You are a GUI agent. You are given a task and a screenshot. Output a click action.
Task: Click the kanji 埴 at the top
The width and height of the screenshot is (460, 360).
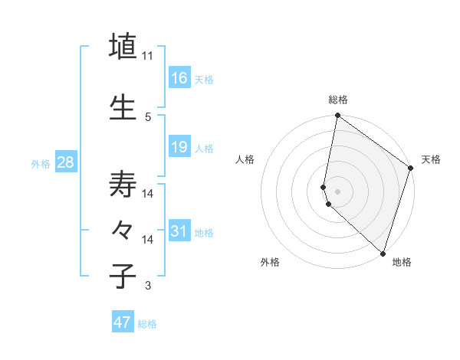(123, 45)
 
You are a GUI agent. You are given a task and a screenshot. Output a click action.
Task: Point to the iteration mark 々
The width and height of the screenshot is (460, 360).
(123, 230)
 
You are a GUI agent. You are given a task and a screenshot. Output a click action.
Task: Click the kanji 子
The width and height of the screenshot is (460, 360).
(123, 276)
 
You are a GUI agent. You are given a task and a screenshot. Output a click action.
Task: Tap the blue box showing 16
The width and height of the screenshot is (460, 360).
(179, 77)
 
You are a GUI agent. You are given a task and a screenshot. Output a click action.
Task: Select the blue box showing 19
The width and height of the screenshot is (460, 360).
(179, 146)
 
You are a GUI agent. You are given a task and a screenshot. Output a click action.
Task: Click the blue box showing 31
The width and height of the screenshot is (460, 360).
(179, 231)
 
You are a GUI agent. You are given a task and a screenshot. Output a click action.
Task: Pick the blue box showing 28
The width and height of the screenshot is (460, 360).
(65, 162)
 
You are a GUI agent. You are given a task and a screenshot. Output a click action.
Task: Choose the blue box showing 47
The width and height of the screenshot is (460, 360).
(123, 322)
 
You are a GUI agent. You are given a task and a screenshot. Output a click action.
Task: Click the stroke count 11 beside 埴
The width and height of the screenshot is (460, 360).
(148, 55)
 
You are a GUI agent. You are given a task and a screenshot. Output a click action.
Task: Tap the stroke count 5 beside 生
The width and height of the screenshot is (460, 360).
(148, 116)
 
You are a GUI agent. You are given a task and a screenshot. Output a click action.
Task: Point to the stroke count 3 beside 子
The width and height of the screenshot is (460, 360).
(148, 286)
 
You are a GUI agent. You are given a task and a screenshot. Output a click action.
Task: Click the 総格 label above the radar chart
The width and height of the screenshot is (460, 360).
(338, 100)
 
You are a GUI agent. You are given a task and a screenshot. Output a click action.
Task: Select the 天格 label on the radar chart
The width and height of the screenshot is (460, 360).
(431, 159)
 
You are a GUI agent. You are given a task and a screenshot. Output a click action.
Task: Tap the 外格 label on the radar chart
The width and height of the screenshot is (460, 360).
(270, 262)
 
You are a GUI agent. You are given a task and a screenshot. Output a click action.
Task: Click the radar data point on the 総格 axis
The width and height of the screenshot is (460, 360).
(337, 116)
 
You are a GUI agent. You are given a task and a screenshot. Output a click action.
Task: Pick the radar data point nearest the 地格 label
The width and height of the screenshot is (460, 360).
(383, 253)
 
